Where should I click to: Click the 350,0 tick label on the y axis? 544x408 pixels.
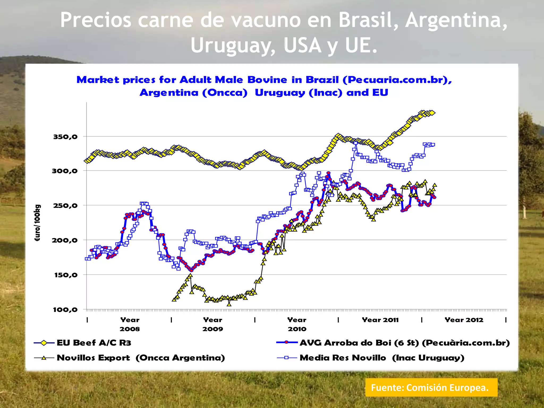(x=65, y=137)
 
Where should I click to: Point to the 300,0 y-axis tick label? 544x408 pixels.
(x=65, y=171)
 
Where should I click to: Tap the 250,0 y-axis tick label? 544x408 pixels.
(x=65, y=205)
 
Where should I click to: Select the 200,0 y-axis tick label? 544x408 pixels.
(x=65, y=240)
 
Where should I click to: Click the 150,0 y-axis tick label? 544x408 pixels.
(x=66, y=275)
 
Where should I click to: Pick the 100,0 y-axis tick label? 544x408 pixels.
(x=65, y=309)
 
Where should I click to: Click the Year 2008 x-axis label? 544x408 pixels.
(x=130, y=324)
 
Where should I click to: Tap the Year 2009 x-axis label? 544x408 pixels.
(x=213, y=324)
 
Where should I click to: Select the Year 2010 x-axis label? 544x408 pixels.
(x=297, y=324)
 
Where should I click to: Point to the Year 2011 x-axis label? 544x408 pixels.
(x=380, y=320)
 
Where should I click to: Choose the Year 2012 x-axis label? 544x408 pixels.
(x=464, y=320)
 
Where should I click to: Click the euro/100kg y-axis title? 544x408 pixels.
(x=37, y=223)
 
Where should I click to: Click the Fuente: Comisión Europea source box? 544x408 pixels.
(x=431, y=388)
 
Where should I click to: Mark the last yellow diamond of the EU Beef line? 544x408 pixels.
(x=432, y=113)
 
